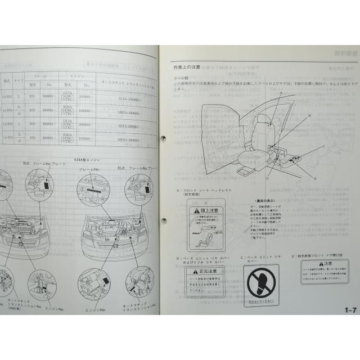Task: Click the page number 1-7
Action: [351, 309]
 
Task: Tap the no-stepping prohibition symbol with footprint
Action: [262, 284]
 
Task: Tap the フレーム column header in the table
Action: [40, 75]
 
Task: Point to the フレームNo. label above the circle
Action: [89, 169]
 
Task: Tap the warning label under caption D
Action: [325, 271]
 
